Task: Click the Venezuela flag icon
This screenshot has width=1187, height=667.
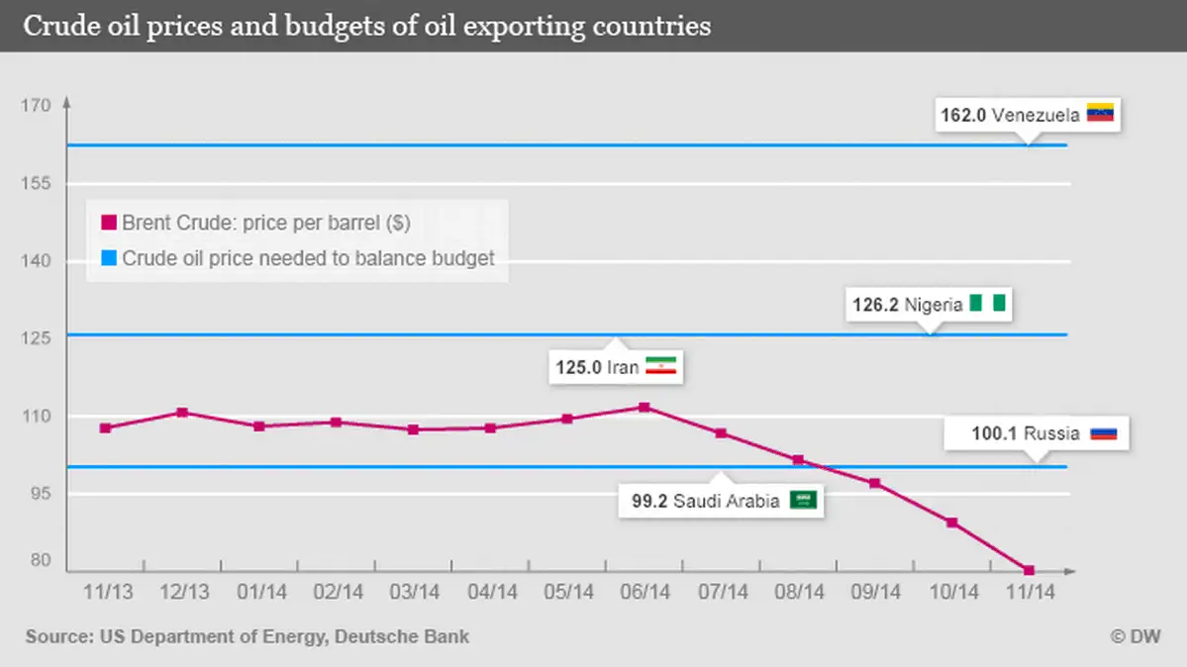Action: pos(1101,114)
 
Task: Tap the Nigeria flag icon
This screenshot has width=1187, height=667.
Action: pos(987,304)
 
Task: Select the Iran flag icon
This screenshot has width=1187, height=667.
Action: pos(659,366)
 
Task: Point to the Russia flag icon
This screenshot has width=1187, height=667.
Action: pos(1103,433)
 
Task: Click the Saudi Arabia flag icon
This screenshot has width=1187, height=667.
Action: pos(804,500)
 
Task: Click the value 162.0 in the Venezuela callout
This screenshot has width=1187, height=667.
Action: pos(962,115)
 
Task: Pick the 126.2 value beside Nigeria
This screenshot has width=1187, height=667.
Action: pos(875,305)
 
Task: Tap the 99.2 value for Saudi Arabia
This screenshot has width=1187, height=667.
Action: pos(650,501)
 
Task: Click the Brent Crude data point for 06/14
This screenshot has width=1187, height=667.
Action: pos(644,407)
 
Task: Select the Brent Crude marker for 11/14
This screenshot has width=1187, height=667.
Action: pos(1030,570)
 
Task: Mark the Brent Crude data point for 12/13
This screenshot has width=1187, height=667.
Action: pos(182,412)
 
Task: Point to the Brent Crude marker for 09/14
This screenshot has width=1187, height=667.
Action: pos(874,483)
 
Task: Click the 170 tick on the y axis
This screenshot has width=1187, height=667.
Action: pos(37,105)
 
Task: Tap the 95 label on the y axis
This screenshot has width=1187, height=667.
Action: pos(41,494)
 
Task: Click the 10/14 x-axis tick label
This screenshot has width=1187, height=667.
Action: pos(952,593)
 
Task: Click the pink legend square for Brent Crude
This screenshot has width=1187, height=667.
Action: pos(109,223)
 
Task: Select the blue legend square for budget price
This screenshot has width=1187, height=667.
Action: pos(109,258)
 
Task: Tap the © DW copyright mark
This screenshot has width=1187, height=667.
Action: pos(1138,637)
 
